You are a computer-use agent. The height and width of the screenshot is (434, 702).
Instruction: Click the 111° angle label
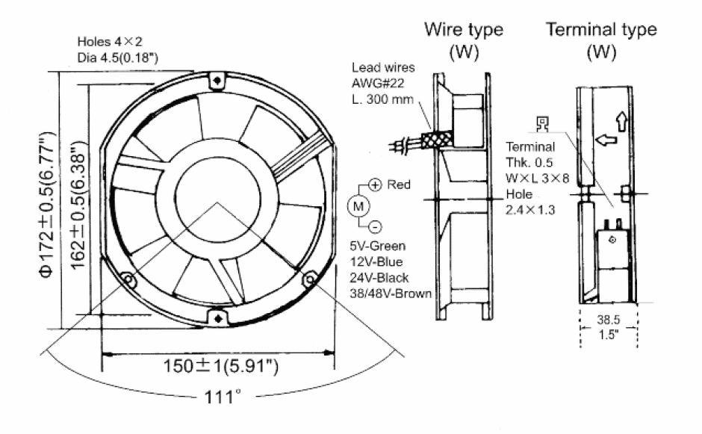click(219, 396)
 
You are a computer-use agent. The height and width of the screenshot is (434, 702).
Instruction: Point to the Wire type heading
click(464, 31)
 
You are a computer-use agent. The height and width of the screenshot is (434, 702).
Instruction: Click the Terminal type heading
click(602, 30)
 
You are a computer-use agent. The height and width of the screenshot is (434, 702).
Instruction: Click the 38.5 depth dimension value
click(609, 317)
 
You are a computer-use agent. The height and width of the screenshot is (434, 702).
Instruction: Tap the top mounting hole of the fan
click(217, 79)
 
